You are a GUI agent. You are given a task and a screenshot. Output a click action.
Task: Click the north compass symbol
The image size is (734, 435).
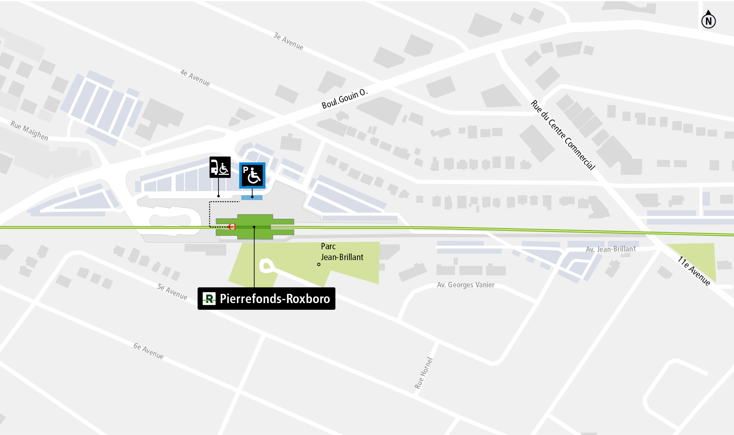click(x=708, y=20)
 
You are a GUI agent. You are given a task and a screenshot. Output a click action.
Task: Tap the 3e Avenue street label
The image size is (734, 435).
click(x=288, y=41)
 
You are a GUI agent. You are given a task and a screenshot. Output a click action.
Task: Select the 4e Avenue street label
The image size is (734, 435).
click(x=195, y=78)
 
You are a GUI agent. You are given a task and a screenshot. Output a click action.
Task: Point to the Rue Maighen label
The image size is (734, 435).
click(x=29, y=131)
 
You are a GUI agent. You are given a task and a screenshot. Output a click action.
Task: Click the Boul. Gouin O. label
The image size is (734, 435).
click(x=344, y=99)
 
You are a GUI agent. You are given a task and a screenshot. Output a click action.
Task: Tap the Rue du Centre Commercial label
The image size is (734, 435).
click(x=563, y=135)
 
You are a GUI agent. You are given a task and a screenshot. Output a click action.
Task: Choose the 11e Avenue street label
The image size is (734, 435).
click(x=694, y=271)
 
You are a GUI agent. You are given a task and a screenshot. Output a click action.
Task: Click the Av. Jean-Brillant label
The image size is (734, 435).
click(x=611, y=249)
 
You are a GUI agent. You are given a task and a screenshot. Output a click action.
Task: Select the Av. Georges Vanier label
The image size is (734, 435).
click(x=465, y=285)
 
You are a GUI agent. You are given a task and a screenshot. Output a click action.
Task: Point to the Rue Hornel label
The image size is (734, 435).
click(x=424, y=373)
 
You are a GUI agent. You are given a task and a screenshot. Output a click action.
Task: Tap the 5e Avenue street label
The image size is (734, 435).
click(x=172, y=292)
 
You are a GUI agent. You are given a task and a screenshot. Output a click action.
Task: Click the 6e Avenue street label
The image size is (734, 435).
click(x=148, y=351)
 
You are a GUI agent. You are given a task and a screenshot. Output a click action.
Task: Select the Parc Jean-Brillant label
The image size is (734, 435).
click(x=342, y=252)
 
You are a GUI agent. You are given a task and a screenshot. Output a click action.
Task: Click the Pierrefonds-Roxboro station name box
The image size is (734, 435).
click(x=266, y=298)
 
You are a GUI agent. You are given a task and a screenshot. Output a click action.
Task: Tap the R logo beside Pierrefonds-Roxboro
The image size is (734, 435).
click(x=209, y=298)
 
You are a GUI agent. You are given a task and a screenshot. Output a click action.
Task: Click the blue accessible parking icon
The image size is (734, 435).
click(x=252, y=175)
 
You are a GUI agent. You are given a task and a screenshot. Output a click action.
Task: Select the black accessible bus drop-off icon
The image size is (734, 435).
click(x=220, y=167)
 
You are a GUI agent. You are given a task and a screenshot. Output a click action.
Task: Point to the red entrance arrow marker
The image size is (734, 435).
click(x=232, y=227)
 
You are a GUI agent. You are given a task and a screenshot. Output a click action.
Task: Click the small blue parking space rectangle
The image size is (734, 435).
click(x=252, y=197)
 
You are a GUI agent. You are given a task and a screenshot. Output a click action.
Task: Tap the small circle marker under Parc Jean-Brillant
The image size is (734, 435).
click(x=319, y=264)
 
